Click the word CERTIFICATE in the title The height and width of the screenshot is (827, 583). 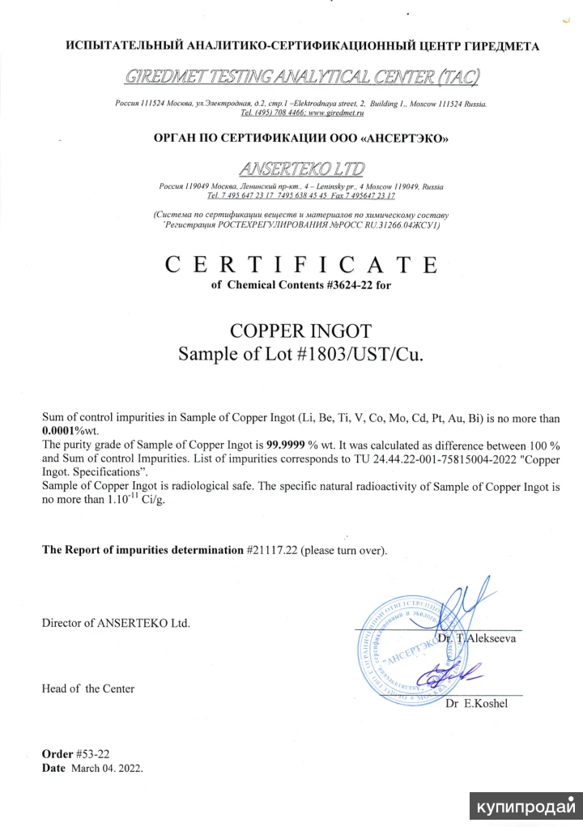(301, 265)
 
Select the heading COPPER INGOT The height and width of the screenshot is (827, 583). (301, 331)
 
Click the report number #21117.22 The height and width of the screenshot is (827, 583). (271, 551)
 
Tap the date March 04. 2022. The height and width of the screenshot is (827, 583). (108, 767)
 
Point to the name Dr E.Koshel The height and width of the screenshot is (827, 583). (477, 704)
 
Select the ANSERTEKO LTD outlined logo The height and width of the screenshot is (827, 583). (301, 168)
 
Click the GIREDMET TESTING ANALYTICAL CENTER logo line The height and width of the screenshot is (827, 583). (301, 77)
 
